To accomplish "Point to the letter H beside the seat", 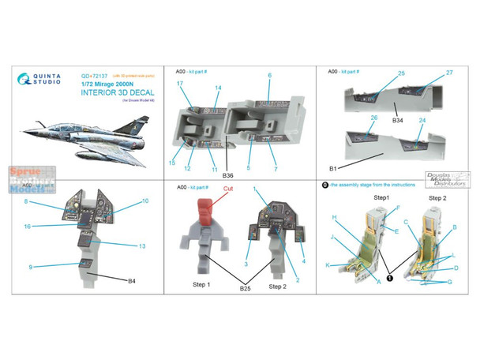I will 336,217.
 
